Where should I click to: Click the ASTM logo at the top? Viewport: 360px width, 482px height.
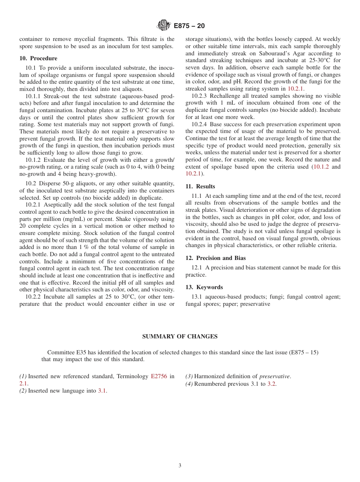(164, 25)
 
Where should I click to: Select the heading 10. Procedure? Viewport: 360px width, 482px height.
(38, 58)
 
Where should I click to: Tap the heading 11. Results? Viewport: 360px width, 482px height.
(200, 186)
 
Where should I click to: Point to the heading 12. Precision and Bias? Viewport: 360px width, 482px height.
(215, 258)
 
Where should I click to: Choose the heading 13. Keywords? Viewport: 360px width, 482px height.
(204, 287)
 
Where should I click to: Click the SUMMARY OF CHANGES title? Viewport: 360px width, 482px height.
(180, 336)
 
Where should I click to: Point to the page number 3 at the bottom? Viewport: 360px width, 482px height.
(180, 466)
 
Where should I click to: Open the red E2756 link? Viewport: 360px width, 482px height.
(159, 376)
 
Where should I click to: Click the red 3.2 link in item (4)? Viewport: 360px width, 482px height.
(271, 384)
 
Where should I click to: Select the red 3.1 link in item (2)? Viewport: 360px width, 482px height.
(102, 391)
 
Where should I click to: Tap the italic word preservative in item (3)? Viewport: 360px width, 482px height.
(274, 376)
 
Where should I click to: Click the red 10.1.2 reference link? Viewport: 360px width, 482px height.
(321, 167)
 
